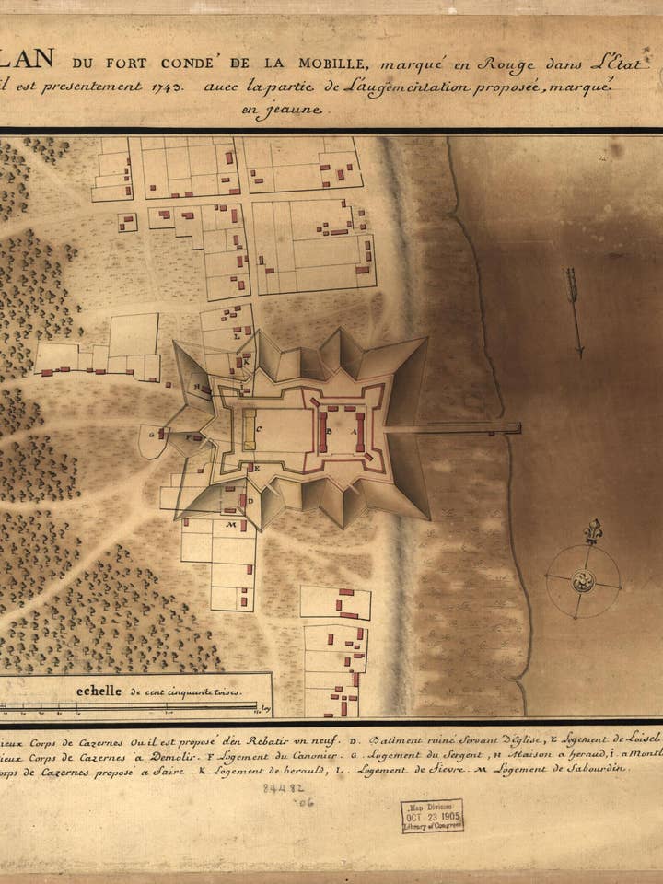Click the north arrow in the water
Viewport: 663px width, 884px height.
pos(576,311)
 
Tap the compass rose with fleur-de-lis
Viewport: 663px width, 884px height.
pos(582,578)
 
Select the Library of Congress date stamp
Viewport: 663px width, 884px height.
pos(431,816)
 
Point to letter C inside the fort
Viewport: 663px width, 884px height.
pos(261,428)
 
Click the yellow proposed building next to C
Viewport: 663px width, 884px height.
pos(249,430)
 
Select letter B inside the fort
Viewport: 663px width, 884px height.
pos(329,429)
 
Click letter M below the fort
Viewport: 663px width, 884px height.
pos(230,525)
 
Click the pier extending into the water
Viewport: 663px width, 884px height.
pos(451,428)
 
